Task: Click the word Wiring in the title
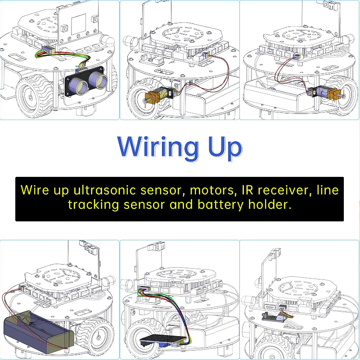[x=158, y=147]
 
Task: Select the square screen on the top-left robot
[x=79, y=22]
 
